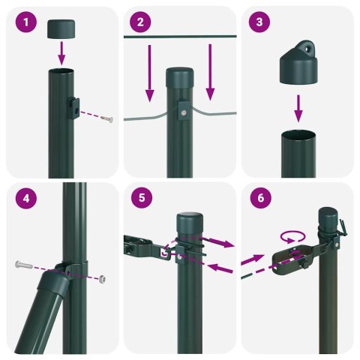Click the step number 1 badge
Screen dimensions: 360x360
tap(27, 22)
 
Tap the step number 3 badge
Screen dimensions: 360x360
tap(259, 22)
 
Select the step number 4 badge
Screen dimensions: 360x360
tap(27, 198)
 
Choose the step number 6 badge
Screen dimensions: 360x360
tap(259, 198)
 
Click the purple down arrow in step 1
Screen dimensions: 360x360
tap(62, 53)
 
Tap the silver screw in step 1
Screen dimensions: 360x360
tap(107, 119)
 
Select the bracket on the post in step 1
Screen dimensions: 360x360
tap(75, 109)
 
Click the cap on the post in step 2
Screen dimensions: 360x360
tap(178, 78)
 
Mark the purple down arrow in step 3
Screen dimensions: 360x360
tap(298, 106)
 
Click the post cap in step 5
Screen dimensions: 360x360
tap(190, 224)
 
